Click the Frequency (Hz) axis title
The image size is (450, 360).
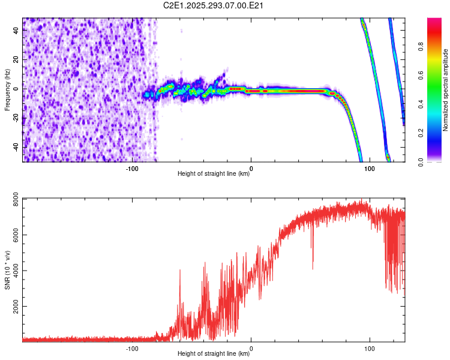tap(7, 90)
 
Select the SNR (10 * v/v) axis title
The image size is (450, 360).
tap(7, 269)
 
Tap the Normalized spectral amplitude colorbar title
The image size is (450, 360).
tap(446, 90)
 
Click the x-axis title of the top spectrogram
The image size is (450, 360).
tap(214, 175)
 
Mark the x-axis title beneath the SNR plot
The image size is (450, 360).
tap(214, 354)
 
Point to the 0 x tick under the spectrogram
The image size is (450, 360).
tap(251, 169)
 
